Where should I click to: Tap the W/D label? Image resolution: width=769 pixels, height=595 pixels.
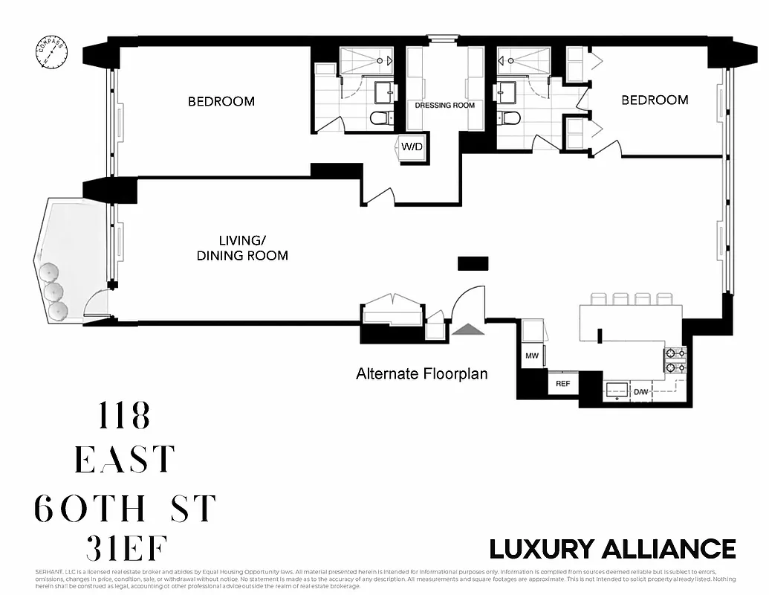[x=412, y=147]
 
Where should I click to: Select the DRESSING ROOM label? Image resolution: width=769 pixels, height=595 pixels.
[x=444, y=106]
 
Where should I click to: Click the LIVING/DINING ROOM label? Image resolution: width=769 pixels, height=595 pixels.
[x=242, y=248]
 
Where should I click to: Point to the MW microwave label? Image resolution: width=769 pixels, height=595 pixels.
[x=532, y=356]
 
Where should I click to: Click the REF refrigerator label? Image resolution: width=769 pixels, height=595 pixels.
[x=562, y=384]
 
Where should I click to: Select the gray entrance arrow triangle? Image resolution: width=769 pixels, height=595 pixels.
[x=466, y=329]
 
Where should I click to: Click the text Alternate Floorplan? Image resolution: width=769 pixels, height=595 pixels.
[x=422, y=373]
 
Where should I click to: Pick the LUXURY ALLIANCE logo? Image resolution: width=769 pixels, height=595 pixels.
[x=612, y=549]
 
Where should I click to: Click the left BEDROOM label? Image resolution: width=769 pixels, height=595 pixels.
[x=221, y=101]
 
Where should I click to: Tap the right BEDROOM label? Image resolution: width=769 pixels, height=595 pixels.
[x=655, y=100]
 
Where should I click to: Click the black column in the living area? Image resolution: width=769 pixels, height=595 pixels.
[x=473, y=263]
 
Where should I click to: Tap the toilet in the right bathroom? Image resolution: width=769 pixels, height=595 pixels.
[x=509, y=118]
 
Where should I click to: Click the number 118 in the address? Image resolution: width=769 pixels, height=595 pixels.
[x=124, y=416]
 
